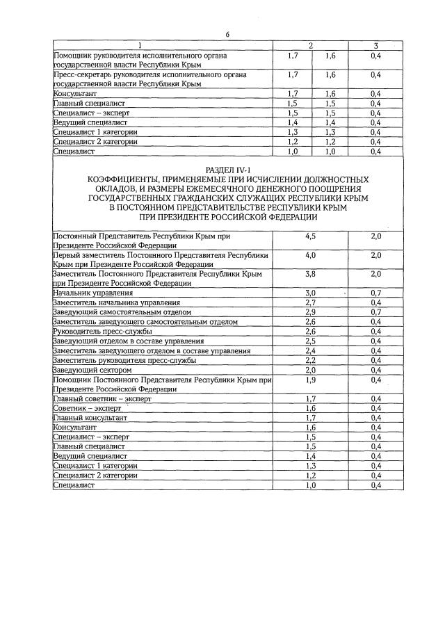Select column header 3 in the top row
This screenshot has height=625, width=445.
(375, 46)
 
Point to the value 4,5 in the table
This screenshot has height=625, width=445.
(310, 236)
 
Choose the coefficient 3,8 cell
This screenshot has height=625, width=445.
(310, 275)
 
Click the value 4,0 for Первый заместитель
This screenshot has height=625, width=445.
(310, 256)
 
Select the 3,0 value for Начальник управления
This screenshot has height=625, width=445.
(310, 293)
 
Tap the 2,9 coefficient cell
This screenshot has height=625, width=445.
(310, 312)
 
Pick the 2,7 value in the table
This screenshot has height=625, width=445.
(310, 303)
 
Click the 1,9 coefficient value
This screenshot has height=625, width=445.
(310, 380)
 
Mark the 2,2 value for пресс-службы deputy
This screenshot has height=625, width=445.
(310, 360)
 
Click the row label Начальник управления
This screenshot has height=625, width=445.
(88, 293)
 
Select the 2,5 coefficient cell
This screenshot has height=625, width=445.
(310, 341)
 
